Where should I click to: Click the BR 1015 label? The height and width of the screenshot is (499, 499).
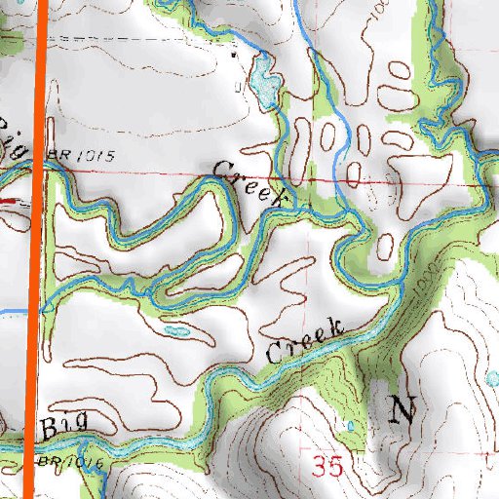pyautogui.click(x=72, y=155)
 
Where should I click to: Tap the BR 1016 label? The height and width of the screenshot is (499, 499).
pyautogui.click(x=70, y=461)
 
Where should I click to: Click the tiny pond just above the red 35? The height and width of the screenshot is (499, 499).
pyautogui.click(x=349, y=427)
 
